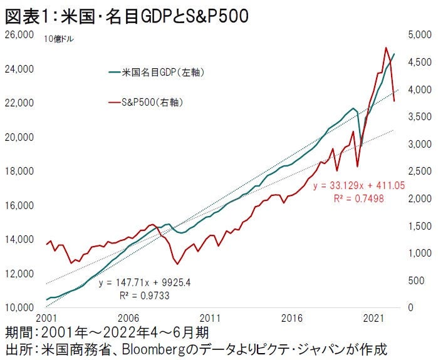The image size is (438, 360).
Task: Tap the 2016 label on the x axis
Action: (x=293, y=318)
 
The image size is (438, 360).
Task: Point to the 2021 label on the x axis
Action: (x=374, y=318)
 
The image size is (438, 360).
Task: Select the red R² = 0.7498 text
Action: (x=358, y=198)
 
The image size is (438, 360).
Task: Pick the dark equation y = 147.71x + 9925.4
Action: (x=144, y=282)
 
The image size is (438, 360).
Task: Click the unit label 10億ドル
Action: (x=58, y=39)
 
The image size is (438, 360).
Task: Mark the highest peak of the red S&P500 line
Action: (x=385, y=48)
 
